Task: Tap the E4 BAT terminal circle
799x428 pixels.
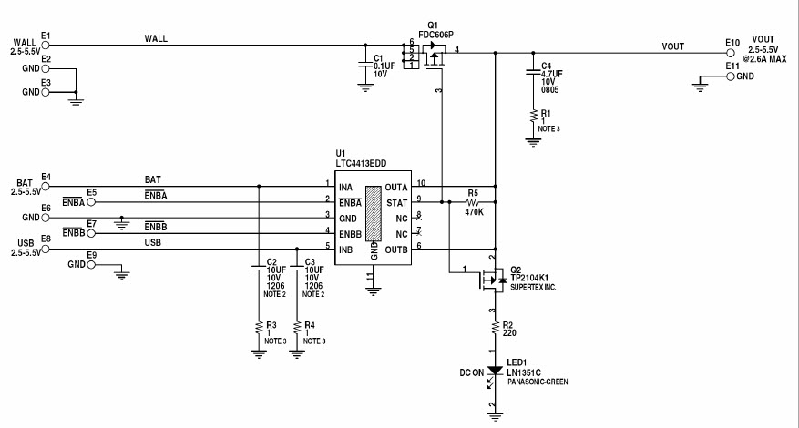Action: pos(46,186)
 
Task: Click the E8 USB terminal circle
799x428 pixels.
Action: pos(46,249)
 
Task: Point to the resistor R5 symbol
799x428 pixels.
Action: pos(472,201)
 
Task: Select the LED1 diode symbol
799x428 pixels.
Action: pos(494,372)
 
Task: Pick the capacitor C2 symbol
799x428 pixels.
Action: pos(260,269)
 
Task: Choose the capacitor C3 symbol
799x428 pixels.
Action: pos(297,269)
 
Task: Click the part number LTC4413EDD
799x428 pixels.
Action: pos(361,163)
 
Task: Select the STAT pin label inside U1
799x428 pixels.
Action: pos(397,202)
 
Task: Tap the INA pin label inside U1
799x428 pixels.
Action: pos(346,187)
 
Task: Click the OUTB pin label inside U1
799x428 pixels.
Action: pos(395,249)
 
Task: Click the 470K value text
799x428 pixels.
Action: pos(473,211)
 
